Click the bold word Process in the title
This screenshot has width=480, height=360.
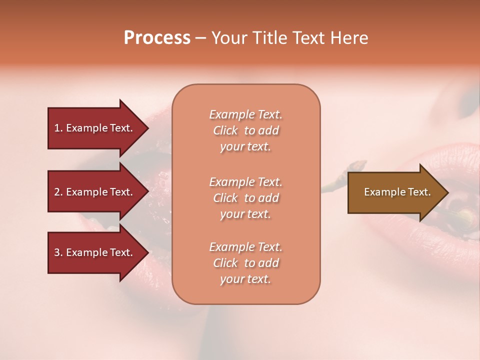pyautogui.click(x=157, y=38)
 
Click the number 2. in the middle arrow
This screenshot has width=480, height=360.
pyautogui.click(x=58, y=192)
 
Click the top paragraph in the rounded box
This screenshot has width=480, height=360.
pyautogui.click(x=245, y=130)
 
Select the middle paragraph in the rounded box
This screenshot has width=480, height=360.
pyautogui.click(x=245, y=198)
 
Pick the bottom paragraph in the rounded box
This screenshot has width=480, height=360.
pyautogui.click(x=245, y=263)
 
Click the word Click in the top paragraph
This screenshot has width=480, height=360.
pyautogui.click(x=225, y=130)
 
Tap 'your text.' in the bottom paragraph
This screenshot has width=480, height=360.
pyautogui.click(x=245, y=279)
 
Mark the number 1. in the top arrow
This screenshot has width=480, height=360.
pyautogui.click(x=58, y=128)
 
